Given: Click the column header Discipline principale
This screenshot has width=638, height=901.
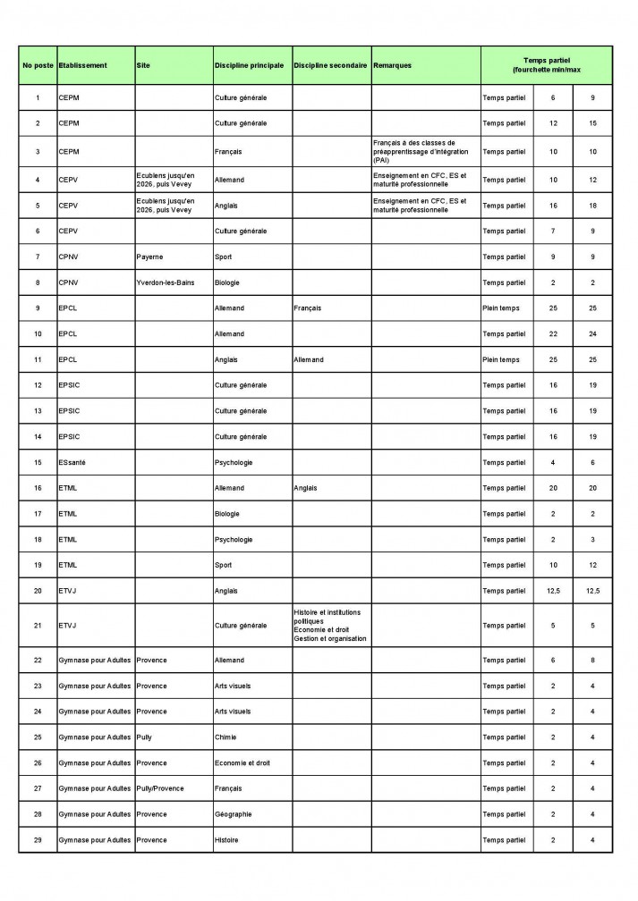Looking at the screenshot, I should (x=250, y=65).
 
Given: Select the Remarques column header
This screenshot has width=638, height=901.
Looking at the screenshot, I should (x=393, y=65).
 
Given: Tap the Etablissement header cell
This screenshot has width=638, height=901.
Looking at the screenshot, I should (x=82, y=65).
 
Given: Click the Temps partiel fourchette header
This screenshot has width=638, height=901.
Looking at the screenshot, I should (x=547, y=65).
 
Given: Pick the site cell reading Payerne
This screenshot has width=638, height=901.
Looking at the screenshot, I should (x=149, y=257).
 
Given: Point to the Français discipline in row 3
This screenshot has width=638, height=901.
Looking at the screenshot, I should (x=228, y=152).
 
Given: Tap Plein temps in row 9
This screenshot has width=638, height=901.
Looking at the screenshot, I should (x=501, y=308).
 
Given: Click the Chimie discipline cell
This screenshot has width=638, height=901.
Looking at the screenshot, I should (x=226, y=737).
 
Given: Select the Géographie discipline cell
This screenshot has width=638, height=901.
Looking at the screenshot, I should (x=234, y=814).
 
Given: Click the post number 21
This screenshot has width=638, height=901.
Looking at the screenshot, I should (x=37, y=626).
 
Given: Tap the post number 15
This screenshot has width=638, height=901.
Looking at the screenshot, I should (x=37, y=462).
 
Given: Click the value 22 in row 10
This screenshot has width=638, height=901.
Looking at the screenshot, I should (x=553, y=334).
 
